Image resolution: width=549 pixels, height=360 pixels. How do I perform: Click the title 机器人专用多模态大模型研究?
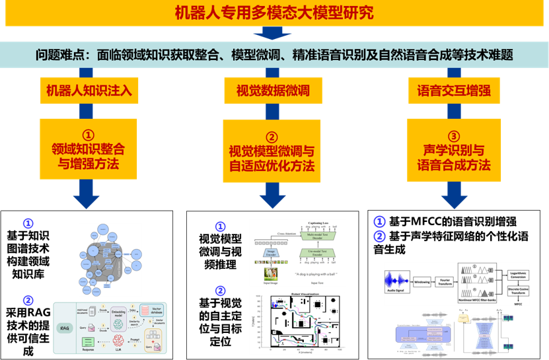(x=274, y=13)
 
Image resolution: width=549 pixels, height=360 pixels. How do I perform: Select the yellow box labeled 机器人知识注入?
(x=89, y=90)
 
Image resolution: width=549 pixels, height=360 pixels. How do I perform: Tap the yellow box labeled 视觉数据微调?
(x=273, y=90)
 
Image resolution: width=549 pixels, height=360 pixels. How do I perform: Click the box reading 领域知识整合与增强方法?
(x=89, y=149)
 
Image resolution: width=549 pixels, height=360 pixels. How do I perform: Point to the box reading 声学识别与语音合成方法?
(x=453, y=149)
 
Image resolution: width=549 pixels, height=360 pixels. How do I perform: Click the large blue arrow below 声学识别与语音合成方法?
(x=453, y=194)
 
